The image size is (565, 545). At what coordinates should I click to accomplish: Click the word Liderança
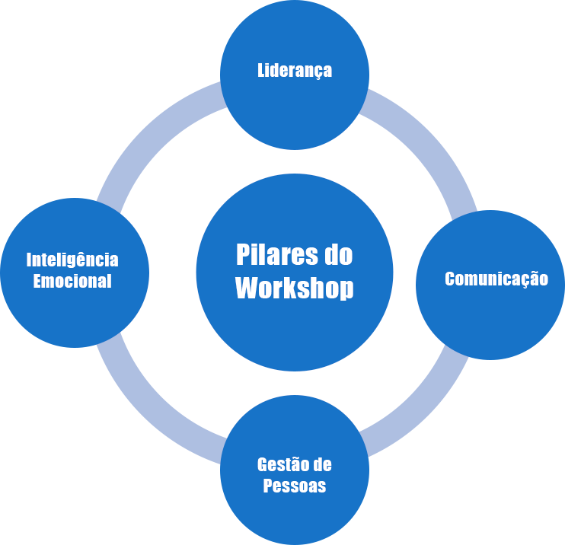(x=295, y=71)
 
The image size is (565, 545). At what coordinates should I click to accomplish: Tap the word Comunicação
(x=496, y=279)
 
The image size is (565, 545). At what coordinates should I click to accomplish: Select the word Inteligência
(x=72, y=260)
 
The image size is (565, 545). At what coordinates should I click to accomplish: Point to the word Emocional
(x=72, y=282)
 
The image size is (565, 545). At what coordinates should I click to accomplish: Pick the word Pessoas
(x=295, y=486)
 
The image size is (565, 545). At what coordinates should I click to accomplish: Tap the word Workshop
(x=295, y=288)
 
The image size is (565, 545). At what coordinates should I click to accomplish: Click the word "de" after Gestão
(x=321, y=465)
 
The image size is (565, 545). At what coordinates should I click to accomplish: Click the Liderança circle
(x=295, y=114)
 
